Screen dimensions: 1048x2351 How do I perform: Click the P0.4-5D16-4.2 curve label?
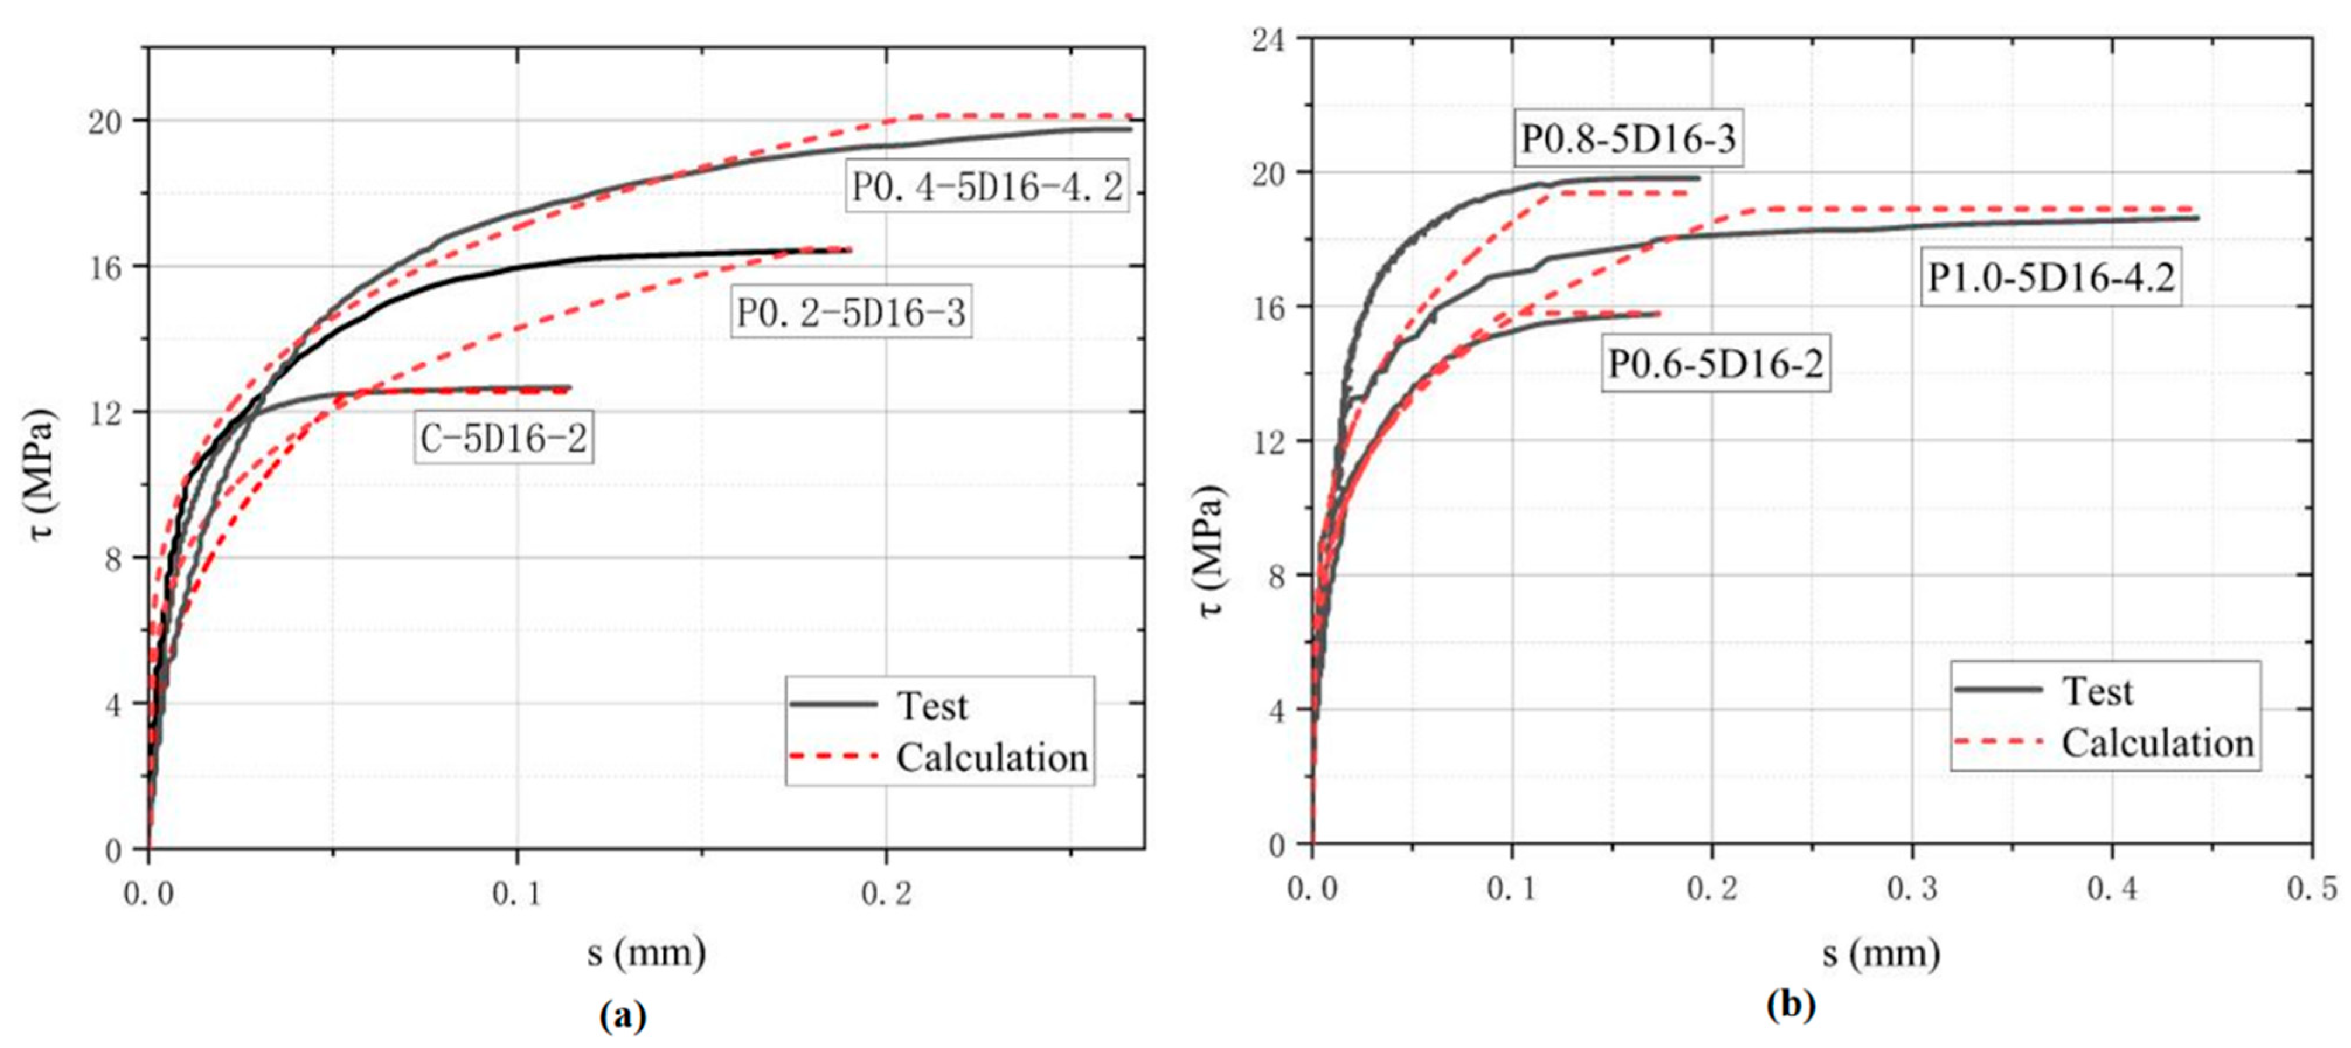click(x=987, y=187)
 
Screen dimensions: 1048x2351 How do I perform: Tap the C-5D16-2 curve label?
click(x=504, y=439)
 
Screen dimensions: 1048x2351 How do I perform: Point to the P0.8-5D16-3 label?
click(x=1628, y=140)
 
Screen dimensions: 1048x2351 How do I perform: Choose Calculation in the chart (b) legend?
click(x=2158, y=743)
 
